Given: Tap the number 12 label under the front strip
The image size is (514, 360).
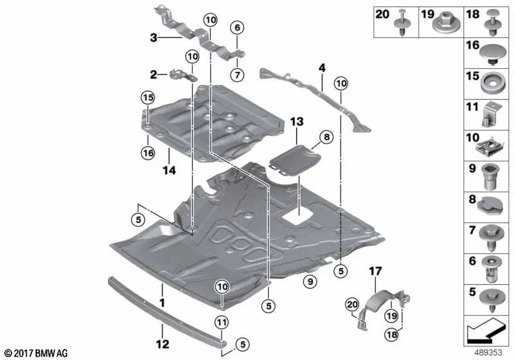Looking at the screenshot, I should [164, 345].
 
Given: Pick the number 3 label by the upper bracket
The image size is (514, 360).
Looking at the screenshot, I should [153, 38].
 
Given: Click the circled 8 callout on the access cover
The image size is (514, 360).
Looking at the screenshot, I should [326, 137].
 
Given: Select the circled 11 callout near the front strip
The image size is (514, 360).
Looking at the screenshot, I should [221, 323].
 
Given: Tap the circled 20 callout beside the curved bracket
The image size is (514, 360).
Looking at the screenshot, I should [351, 303].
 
